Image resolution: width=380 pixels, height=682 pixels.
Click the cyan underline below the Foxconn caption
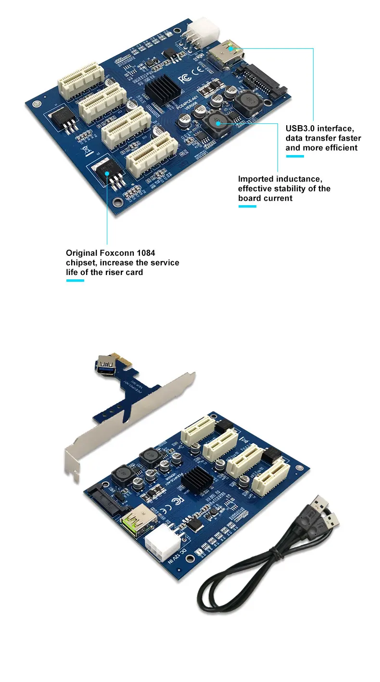pos(75,280)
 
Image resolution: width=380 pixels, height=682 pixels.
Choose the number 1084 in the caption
pos(146,252)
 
